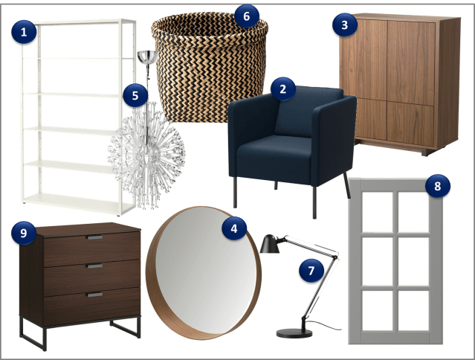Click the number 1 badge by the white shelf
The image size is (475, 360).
(24, 32)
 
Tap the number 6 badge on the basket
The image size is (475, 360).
(247, 16)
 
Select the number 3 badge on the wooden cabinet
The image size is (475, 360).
(345, 25)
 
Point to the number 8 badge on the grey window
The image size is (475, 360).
(438, 186)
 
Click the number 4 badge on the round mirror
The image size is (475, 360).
(234, 228)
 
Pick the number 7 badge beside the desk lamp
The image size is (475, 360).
(311, 271)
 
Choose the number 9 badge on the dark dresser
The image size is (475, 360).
(24, 233)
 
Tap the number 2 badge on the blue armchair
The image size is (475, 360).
(283, 89)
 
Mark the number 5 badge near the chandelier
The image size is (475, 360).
(135, 95)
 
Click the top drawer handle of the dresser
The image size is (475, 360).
(95, 237)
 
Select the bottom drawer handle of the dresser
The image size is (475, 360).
(95, 295)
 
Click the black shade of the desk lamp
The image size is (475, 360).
(270, 244)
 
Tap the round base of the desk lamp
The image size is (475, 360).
(294, 333)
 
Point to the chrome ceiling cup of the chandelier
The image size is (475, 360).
(147, 57)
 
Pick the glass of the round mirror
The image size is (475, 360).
(205, 271)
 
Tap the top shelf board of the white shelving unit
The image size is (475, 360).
(78, 22)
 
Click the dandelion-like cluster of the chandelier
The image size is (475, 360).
(146, 155)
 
